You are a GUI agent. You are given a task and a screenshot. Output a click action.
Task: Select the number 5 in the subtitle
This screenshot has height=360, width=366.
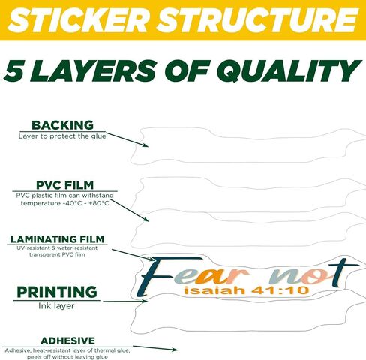coord(14,71)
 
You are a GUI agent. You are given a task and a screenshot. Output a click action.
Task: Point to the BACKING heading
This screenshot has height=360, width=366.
coord(62,125)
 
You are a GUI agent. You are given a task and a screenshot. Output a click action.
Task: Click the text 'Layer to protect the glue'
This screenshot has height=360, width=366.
coord(62,136)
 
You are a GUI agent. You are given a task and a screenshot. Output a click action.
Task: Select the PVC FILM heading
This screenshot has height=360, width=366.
coord(64,185)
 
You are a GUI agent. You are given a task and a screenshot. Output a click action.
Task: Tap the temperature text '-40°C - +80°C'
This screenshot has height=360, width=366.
coord(85,203)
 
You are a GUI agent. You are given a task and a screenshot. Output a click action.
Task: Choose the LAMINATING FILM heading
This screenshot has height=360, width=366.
coord(57,239)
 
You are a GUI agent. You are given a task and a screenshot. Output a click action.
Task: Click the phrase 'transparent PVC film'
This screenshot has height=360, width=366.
coord(57,254)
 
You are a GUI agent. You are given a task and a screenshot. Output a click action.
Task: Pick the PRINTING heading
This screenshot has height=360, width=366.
coord(57,292)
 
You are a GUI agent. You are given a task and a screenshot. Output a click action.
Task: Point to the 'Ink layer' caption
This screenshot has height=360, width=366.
coord(56,306)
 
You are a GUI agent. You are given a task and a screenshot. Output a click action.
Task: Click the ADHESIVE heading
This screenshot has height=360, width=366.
coord(67,340)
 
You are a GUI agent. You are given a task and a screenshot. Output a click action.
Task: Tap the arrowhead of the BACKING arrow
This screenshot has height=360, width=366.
coord(146,145)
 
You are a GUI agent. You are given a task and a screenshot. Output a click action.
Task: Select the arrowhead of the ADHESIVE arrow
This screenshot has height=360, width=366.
coord(175,349)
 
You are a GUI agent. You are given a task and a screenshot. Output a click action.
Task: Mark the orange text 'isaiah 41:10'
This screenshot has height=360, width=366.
coord(246,290)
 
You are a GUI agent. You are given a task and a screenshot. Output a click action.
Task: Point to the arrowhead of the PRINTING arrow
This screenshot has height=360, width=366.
coord(145,301)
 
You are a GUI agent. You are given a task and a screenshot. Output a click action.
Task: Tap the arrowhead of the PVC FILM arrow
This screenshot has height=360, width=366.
coord(146,219)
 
